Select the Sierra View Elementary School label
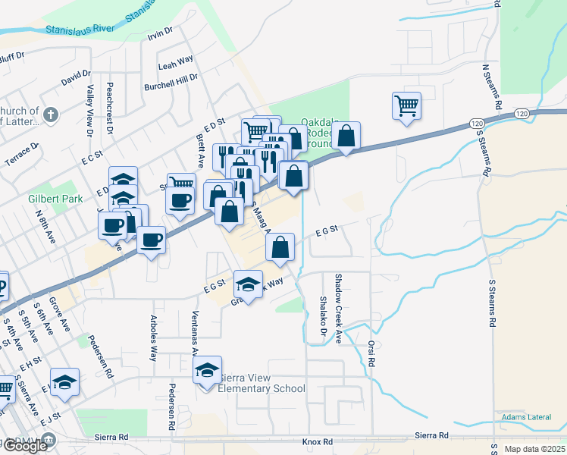tap(262, 384)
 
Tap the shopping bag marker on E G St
tap(280, 246)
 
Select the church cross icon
tap(51, 115)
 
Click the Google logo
tap(25, 445)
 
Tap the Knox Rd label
tap(317, 441)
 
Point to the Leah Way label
tap(176, 66)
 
